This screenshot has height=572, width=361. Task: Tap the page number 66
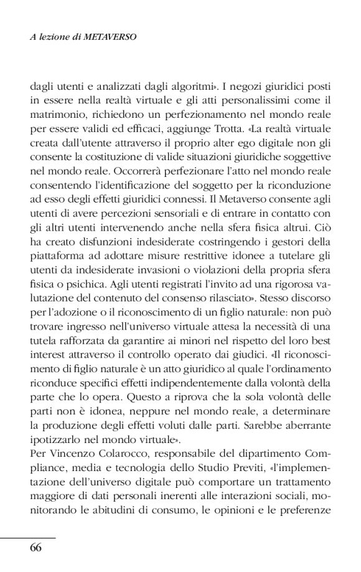[36, 548]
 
